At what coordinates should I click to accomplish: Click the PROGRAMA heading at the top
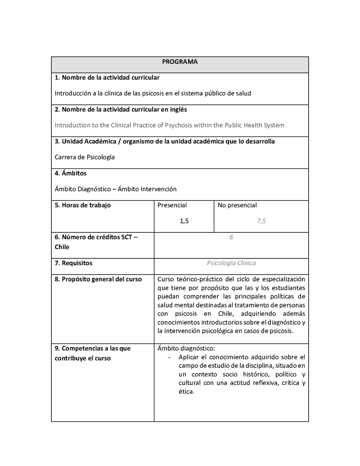180,62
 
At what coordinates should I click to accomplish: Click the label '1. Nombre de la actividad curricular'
107,77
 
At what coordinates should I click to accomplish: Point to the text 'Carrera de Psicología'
85,157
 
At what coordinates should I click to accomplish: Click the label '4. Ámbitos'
71,173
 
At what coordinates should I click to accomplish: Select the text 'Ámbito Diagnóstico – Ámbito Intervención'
116,189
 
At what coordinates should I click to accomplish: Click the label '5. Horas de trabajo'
83,205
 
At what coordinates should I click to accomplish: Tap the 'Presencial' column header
172,205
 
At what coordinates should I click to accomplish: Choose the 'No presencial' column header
237,205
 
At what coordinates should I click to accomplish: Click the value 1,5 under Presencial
184,221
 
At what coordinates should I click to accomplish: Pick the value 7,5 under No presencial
261,221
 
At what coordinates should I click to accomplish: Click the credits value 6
231,237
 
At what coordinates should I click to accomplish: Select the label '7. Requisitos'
73,263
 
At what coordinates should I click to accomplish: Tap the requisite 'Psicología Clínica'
231,263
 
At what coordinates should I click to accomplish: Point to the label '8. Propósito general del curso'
98,279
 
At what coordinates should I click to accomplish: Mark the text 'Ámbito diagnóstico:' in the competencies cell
186,348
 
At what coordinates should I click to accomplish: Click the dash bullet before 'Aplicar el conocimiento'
169,357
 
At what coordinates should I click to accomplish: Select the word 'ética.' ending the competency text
186,391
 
